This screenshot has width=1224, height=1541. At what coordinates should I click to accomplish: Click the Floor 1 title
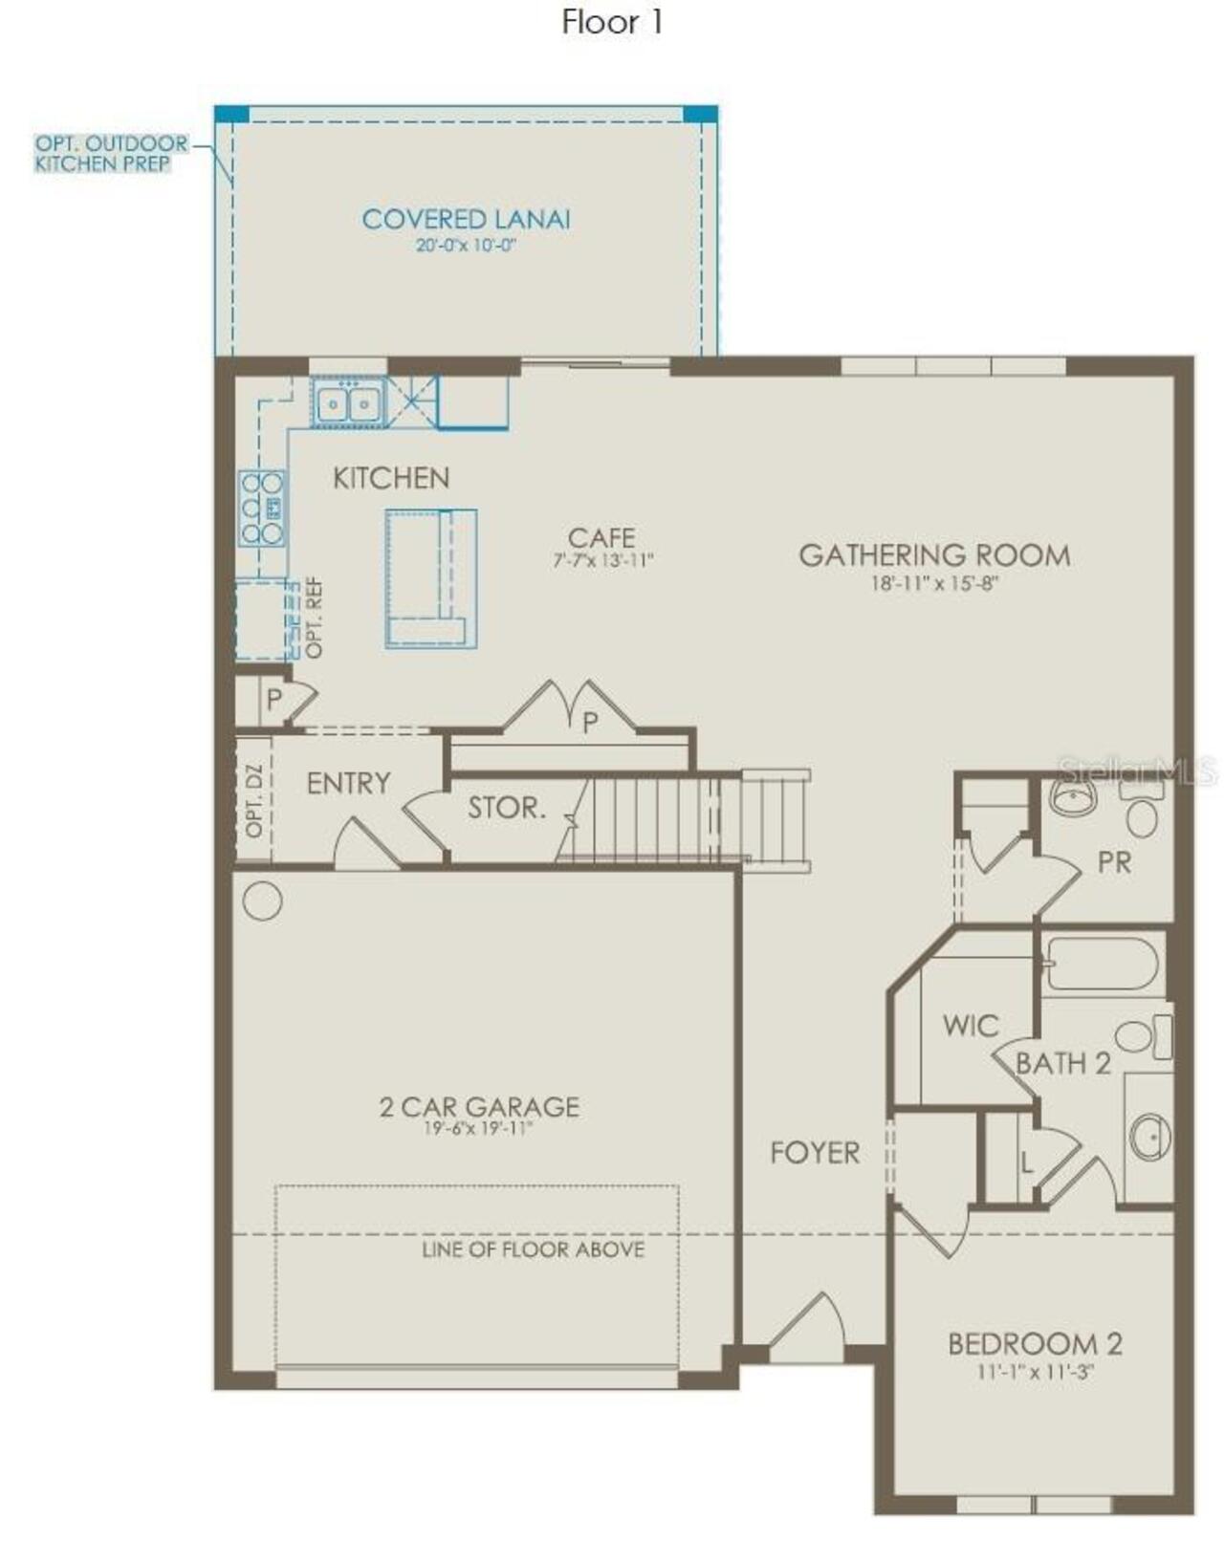point(612,22)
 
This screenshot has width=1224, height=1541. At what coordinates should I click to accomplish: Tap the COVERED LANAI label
point(466,219)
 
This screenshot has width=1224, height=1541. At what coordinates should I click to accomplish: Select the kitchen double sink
point(347,403)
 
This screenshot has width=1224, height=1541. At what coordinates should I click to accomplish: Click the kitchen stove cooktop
point(262,508)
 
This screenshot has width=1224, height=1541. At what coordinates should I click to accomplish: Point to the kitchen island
point(430,578)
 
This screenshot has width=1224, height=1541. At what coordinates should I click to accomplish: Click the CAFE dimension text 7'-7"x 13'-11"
point(602,561)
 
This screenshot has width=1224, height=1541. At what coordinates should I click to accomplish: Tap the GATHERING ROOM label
point(934,555)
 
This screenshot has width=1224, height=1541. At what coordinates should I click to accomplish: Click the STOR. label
point(506,809)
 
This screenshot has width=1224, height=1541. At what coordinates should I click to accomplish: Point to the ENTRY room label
point(348,784)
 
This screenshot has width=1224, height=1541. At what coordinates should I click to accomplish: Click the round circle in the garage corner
point(262,901)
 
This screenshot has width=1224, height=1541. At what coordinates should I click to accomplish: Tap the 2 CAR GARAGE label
point(479,1107)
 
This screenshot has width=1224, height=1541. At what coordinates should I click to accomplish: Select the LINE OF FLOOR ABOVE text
point(533,1249)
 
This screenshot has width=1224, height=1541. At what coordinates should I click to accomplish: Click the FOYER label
point(815,1153)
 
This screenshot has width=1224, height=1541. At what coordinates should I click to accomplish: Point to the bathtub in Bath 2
point(1102,964)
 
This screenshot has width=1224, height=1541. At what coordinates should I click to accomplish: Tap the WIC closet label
point(970,1026)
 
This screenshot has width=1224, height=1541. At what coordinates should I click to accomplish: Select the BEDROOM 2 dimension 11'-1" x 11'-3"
point(1035,1372)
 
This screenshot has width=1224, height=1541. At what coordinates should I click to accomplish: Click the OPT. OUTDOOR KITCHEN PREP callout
point(110,154)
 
